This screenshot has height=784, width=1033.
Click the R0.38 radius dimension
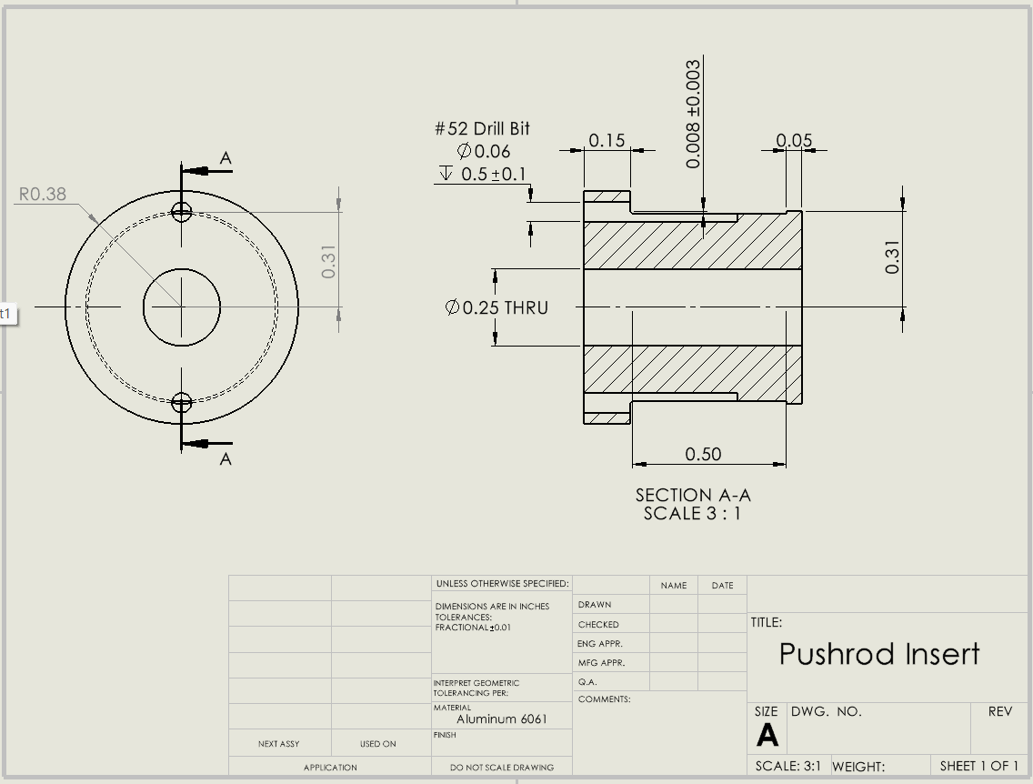coord(43,194)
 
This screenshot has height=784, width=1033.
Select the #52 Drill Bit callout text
coord(482,129)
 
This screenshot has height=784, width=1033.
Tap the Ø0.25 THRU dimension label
coord(497,307)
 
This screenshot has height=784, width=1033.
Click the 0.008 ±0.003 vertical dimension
coord(694,114)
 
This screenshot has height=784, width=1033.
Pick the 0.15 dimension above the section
coord(607,140)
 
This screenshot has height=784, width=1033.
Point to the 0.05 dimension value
coord(794,140)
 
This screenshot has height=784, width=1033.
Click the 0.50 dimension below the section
coord(703,454)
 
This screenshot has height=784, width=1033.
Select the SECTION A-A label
coord(693,495)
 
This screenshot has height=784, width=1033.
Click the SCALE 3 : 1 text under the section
coord(693,513)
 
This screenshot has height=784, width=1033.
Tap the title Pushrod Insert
coord(879,654)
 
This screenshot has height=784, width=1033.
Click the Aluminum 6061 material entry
coord(502,719)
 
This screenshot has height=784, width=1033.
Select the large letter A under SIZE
coord(767,735)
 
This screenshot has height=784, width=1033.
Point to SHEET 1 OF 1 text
coord(979,766)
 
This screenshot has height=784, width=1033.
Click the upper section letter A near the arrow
coord(226,159)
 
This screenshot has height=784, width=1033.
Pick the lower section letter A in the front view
coord(226,459)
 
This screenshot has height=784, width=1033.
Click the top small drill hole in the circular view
coord(182,212)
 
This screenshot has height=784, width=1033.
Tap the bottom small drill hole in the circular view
coord(182,402)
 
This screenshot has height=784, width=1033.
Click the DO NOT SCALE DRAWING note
coord(502,768)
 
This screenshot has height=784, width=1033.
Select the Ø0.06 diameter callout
coord(484,151)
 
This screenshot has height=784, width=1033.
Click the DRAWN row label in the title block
coord(595,605)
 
